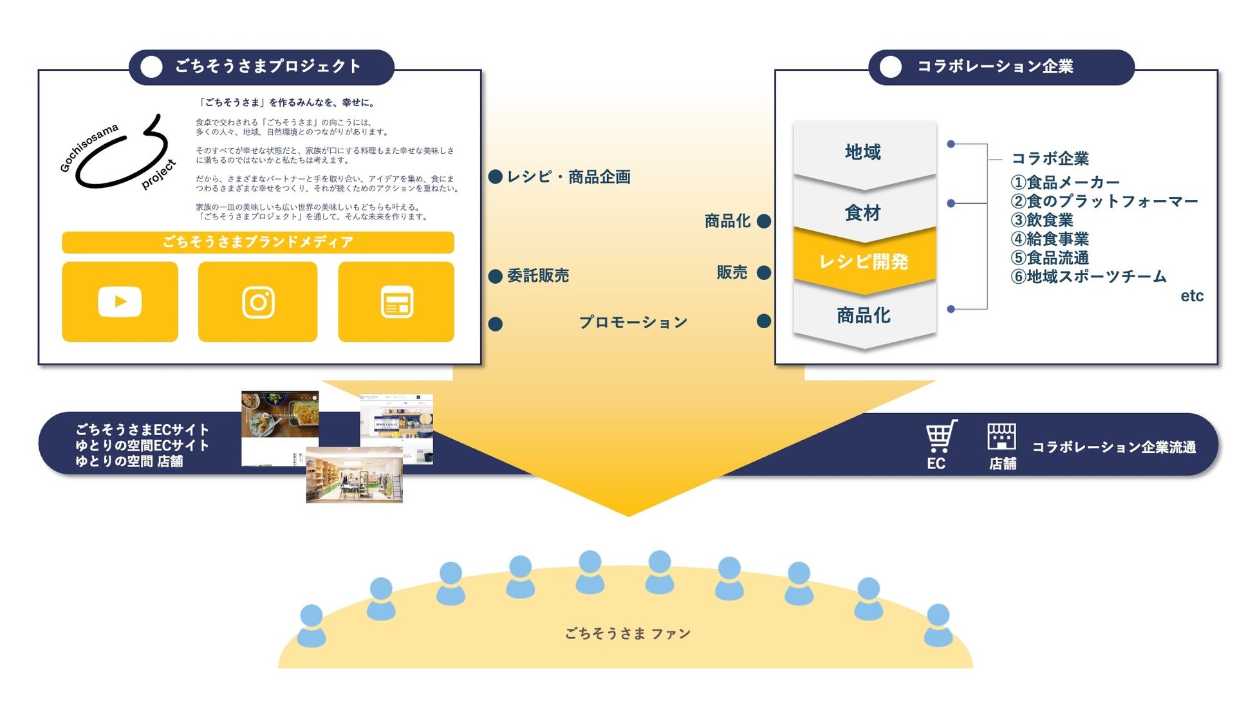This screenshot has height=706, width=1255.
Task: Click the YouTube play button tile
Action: pos(120,301)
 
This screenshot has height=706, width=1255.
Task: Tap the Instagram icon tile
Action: pos(257,301)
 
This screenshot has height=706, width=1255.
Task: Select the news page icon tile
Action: pos(396,301)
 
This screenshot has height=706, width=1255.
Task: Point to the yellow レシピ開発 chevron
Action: pos(864,261)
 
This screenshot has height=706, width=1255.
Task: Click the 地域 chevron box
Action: pos(864,152)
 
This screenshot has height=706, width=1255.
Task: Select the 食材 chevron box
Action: pos(864,212)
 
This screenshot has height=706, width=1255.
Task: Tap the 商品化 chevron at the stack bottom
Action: pos(864,315)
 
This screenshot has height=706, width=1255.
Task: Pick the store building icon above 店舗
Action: pos(1001,436)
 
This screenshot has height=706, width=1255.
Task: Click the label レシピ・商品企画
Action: pos(568,177)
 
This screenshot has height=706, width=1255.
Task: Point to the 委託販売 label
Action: pos(538,275)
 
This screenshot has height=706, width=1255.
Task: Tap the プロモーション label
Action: pos(633,322)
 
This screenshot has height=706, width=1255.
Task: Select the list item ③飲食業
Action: pos(1042,220)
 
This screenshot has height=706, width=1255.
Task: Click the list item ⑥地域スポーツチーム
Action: pos(1088,277)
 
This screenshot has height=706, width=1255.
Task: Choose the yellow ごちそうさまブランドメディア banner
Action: pos(257,242)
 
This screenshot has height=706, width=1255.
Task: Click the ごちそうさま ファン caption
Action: pos(627,634)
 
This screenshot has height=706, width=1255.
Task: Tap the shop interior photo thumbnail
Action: pos(354,476)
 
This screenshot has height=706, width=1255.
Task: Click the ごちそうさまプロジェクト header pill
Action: pos(261,67)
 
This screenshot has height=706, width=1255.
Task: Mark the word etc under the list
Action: pos(1191,296)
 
